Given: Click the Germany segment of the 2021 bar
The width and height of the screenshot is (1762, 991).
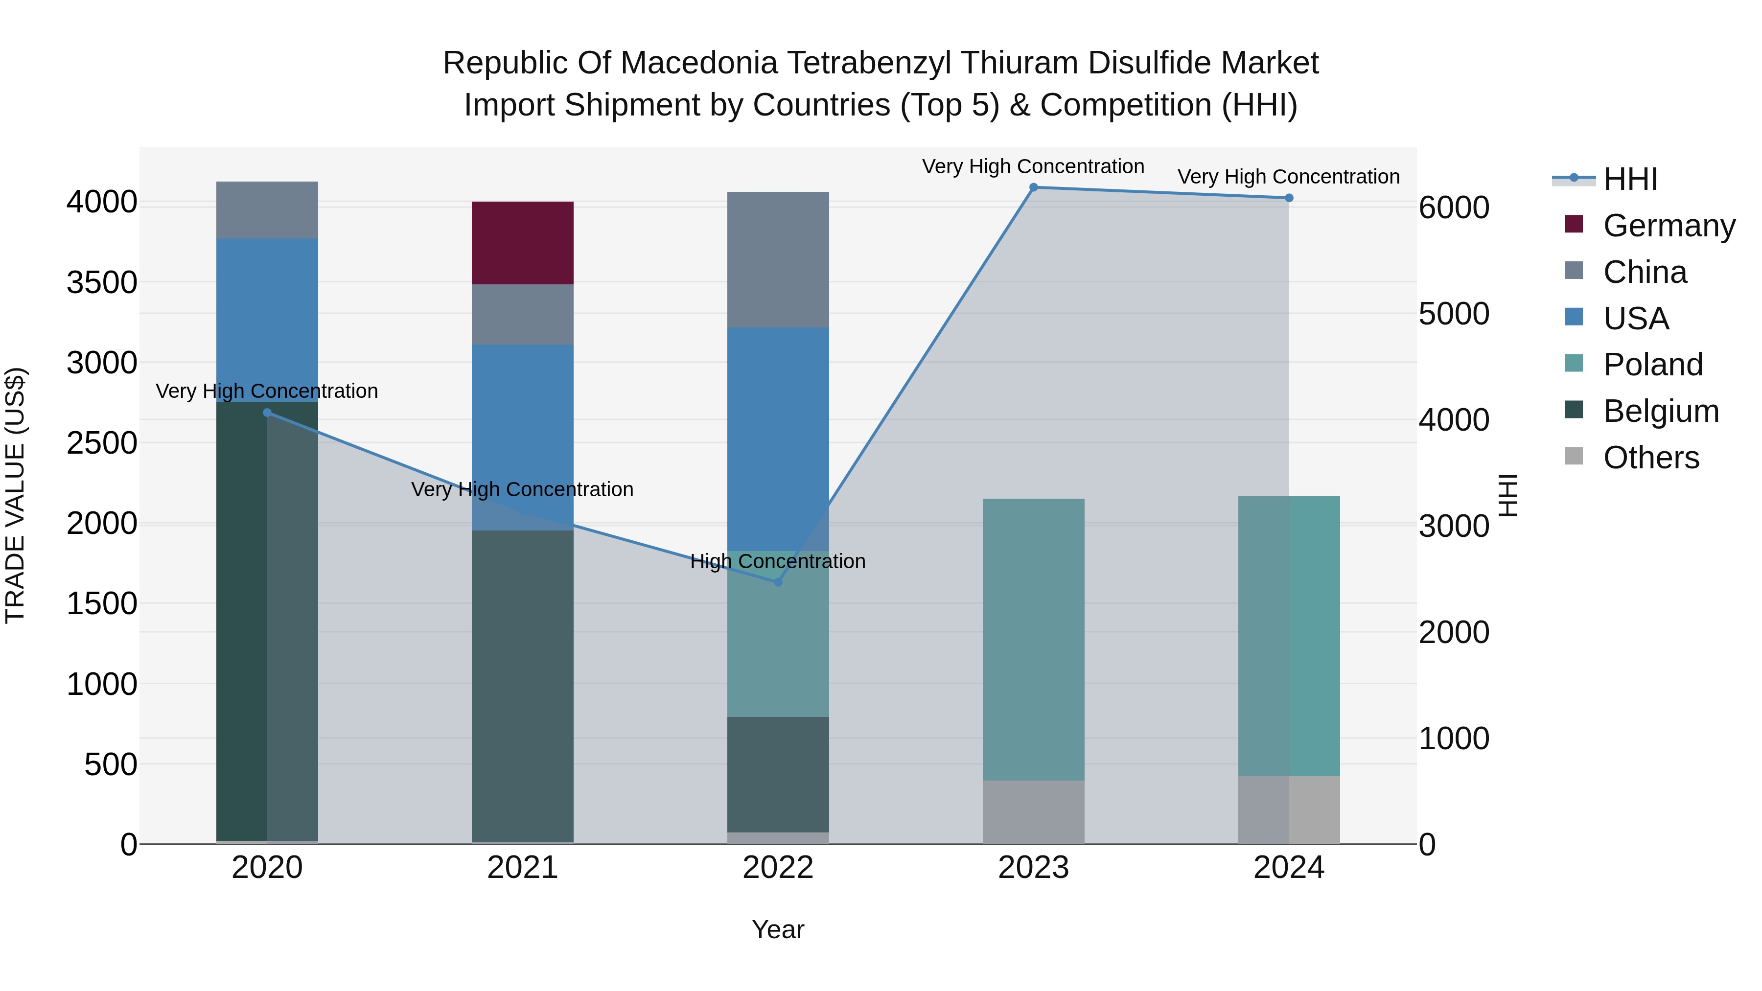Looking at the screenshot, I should pyautogui.click(x=523, y=243).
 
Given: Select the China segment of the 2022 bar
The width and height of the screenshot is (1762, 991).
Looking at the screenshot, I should pyautogui.click(x=778, y=259).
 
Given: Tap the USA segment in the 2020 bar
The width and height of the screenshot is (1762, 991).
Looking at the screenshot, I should pyautogui.click(x=267, y=320).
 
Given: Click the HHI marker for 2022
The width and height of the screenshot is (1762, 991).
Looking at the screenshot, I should pyautogui.click(x=778, y=582).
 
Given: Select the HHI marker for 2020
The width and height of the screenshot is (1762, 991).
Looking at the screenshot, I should pyautogui.click(x=267, y=413).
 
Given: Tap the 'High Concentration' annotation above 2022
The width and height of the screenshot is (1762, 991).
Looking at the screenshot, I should pyautogui.click(x=778, y=561).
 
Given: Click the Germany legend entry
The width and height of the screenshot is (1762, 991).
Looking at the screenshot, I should pyautogui.click(x=1669, y=226).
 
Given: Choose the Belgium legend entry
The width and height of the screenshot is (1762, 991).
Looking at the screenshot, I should pyautogui.click(x=1660, y=411).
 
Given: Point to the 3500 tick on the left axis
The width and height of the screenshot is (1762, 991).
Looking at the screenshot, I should pyautogui.click(x=101, y=282).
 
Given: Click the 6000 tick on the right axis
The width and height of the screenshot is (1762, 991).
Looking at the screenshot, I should pyautogui.click(x=1454, y=208).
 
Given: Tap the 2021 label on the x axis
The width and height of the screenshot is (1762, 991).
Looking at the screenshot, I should pyautogui.click(x=523, y=868).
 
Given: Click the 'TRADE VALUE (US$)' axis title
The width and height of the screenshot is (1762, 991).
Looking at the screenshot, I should pyautogui.click(x=15, y=495).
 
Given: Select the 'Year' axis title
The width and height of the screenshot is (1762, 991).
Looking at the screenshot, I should pyautogui.click(x=778, y=929).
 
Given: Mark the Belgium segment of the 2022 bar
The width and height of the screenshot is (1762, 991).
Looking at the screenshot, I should pyautogui.click(x=778, y=774).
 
